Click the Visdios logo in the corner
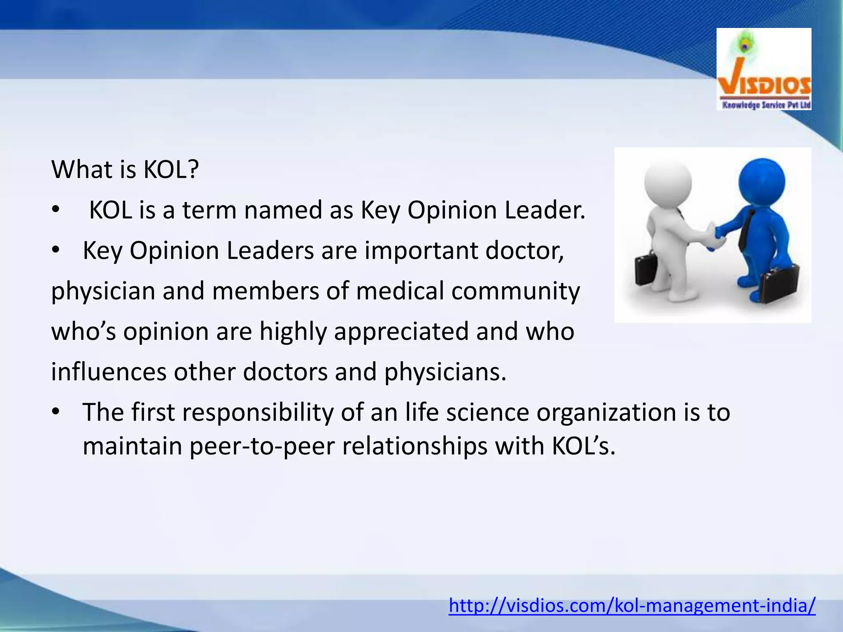[x=764, y=69]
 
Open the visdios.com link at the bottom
[x=632, y=605]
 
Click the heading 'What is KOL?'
[x=125, y=169]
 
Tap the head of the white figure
[x=668, y=183]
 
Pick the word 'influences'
[x=109, y=372]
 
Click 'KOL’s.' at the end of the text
[x=583, y=446]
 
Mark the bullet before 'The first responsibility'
[x=56, y=411]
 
